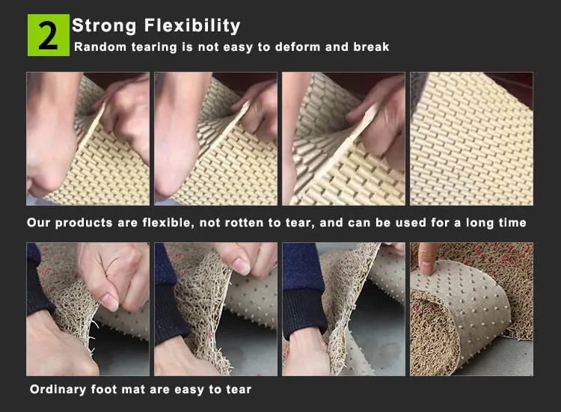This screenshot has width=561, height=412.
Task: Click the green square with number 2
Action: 49,35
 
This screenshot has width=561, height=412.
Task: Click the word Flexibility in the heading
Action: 192,26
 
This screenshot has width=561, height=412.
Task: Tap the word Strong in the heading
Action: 104,26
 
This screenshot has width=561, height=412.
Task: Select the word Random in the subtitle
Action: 100,47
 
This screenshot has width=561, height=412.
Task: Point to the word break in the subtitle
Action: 371,47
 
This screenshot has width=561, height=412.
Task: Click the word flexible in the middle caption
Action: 168,223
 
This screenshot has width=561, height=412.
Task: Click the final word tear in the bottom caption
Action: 239,390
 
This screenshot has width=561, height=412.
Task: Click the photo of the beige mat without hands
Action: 471,139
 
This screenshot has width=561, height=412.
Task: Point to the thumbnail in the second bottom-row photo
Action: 242,266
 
